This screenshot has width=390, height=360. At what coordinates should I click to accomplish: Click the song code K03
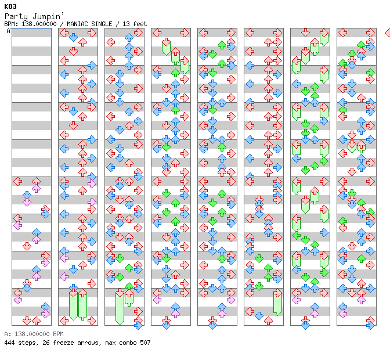pos(10,6)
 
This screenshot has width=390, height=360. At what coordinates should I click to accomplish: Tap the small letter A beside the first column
pos(8,31)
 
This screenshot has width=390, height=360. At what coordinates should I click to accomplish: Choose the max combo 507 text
pos(128,343)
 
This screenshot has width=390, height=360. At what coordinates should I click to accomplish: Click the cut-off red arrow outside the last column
pos(387,33)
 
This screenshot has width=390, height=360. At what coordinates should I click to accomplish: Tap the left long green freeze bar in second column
pos(73,305)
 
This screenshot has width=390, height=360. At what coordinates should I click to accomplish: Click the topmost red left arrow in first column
pos(18,181)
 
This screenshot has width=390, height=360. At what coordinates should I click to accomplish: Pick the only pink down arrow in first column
pos(27,201)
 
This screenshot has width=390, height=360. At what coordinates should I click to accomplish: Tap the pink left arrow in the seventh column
pos(297,300)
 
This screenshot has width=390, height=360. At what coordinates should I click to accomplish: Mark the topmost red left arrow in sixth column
pos(250,33)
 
